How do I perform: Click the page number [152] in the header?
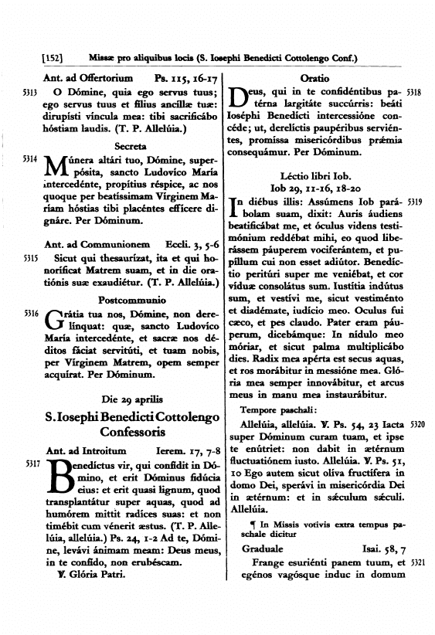pyautogui.click(x=51, y=58)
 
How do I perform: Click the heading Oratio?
pyautogui.click(x=314, y=79)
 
